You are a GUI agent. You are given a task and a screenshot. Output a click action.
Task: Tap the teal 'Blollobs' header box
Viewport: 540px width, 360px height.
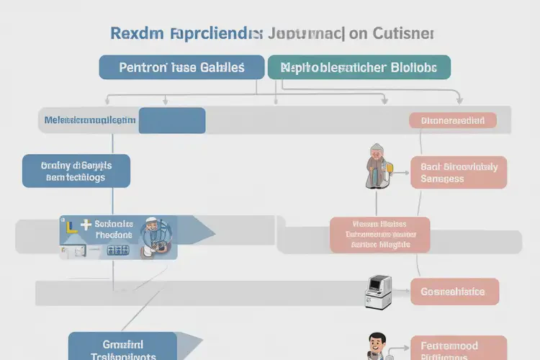[359, 67]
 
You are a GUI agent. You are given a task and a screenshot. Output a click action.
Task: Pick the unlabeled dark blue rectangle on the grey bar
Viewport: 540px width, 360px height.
[171, 121]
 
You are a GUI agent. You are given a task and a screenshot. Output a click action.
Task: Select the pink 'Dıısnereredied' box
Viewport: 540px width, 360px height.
[452, 121]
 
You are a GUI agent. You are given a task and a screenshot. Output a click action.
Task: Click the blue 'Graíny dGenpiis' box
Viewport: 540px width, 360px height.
[76, 171]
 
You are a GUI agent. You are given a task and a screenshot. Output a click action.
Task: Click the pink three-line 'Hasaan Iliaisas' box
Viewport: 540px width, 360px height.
[379, 235]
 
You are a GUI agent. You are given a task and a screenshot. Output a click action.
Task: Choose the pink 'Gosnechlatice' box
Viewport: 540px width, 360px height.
[454, 292]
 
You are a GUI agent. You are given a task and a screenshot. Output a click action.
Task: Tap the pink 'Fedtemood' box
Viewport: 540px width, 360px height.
[454, 348]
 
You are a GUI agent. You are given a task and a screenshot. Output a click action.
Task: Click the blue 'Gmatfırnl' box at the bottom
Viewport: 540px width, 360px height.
[122, 346]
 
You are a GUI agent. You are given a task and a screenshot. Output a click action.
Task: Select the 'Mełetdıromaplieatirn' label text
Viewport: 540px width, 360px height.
[89, 121]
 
